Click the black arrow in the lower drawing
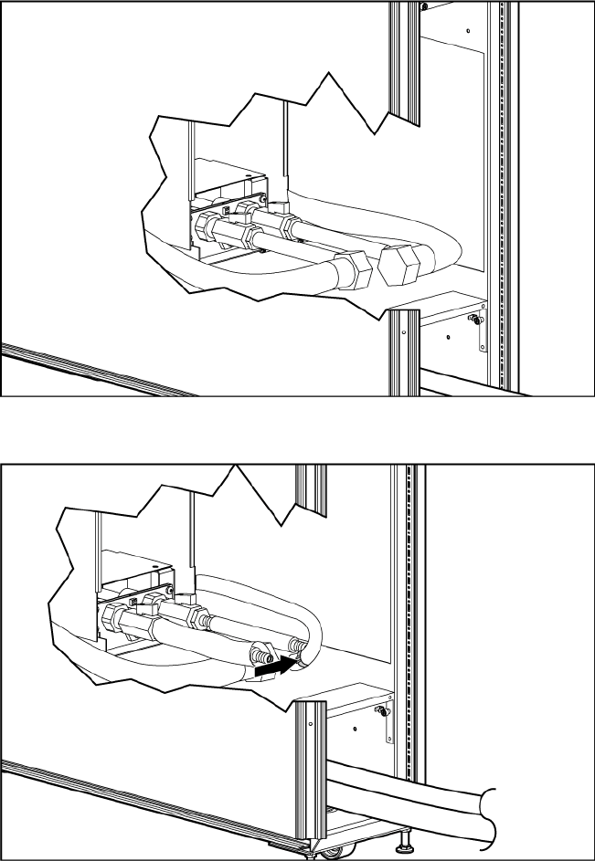pos(273,668)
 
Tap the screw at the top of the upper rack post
pos(425,5)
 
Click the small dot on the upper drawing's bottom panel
pos(449,335)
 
